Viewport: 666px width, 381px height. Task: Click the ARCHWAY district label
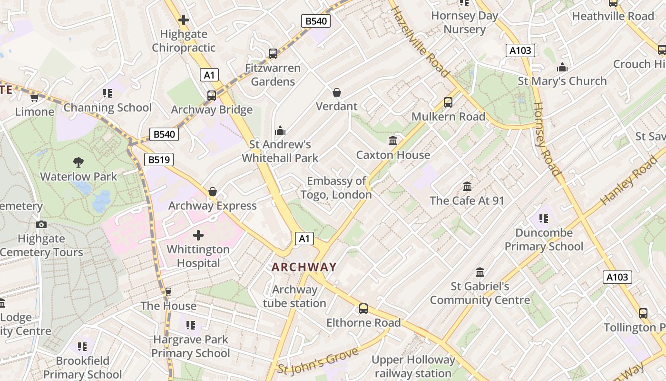click(x=304, y=267)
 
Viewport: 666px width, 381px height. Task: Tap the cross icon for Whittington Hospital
click(x=198, y=235)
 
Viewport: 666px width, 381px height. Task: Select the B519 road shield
click(x=159, y=160)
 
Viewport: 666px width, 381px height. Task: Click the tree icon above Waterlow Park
click(x=78, y=162)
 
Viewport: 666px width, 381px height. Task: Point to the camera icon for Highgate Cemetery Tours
click(x=41, y=224)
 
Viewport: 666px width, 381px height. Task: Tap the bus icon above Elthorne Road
click(x=363, y=309)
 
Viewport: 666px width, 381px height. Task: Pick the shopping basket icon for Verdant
click(x=337, y=92)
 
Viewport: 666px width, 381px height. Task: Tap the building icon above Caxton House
click(x=393, y=140)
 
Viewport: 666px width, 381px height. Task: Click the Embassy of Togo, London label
click(x=336, y=188)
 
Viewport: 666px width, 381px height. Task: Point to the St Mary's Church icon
click(x=562, y=67)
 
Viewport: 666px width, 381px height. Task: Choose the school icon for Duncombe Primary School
click(x=544, y=219)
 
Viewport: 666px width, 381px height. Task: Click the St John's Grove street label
click(x=317, y=362)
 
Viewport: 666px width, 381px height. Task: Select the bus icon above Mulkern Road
click(x=448, y=102)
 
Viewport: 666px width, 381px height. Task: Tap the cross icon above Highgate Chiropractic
click(x=184, y=20)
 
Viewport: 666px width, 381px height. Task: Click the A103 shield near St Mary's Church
click(x=520, y=50)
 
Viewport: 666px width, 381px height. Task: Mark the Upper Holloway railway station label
click(x=413, y=367)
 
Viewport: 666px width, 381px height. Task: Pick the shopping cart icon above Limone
click(x=34, y=98)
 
